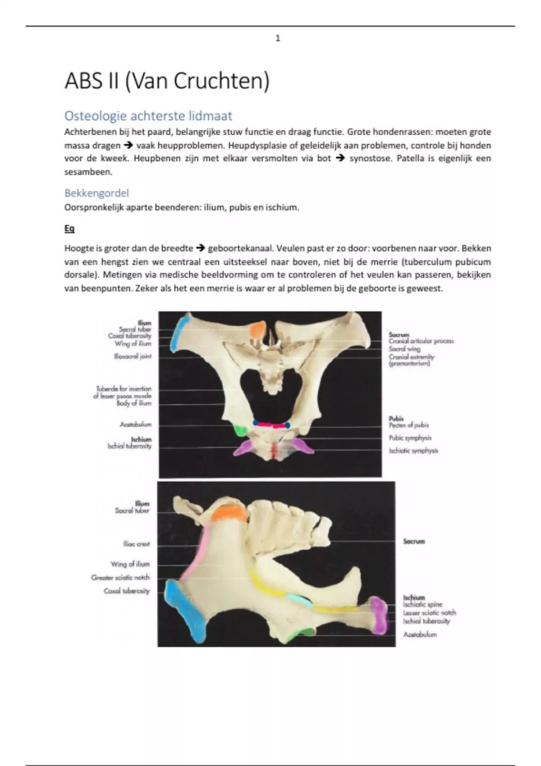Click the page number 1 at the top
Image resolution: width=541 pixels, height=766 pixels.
[x=278, y=39]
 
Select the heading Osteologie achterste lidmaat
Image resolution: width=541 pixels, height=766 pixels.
[x=148, y=116]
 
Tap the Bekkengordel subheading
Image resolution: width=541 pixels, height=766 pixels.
[x=96, y=193]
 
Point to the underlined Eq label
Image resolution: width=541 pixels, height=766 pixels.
[x=69, y=228]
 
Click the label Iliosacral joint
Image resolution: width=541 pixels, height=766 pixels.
[x=133, y=356]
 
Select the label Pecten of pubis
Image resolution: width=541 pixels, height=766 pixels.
[x=409, y=425]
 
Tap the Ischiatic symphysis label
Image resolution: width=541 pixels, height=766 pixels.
[x=413, y=451]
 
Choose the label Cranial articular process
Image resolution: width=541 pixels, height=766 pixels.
[x=421, y=341]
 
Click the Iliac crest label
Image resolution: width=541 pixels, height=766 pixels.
[x=136, y=544]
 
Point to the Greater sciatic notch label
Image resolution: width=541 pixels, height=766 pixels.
[x=120, y=577]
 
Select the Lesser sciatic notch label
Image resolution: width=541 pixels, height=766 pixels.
[x=429, y=613]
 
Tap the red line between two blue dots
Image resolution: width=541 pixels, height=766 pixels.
[x=272, y=424]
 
